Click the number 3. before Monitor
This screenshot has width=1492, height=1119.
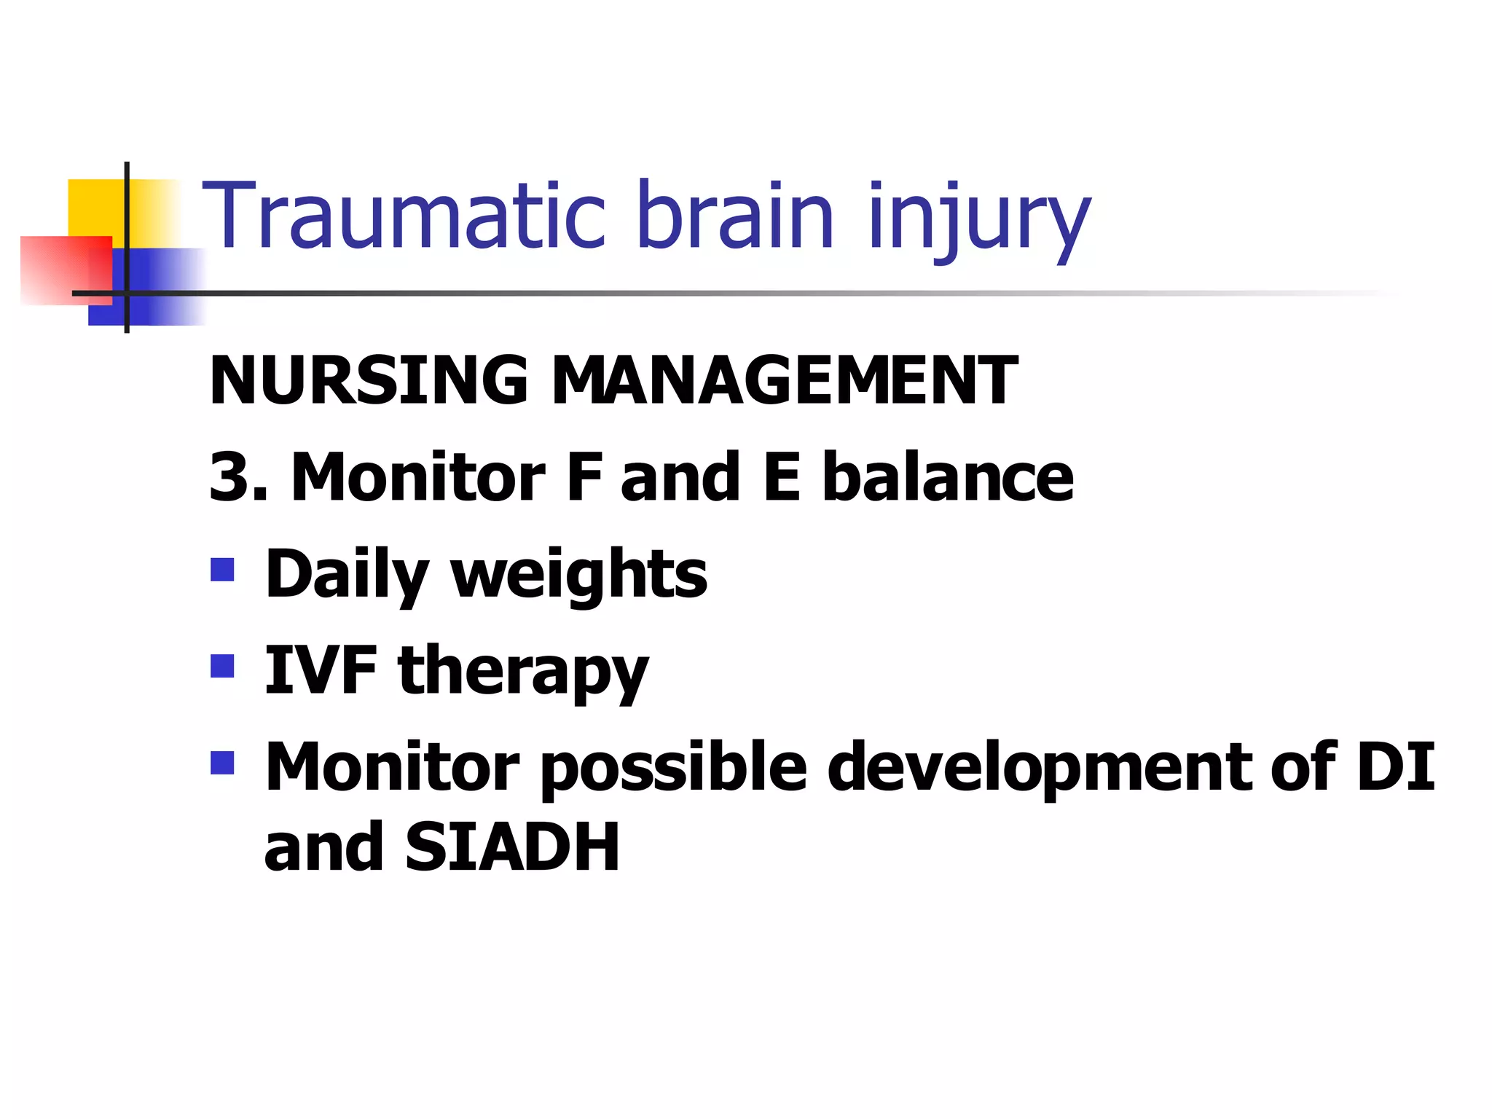(x=237, y=477)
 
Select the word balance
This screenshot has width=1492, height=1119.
(x=948, y=477)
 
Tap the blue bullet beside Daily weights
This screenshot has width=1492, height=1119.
(x=222, y=570)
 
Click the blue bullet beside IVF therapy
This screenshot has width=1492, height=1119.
(x=222, y=666)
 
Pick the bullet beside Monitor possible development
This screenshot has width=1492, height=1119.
(x=222, y=763)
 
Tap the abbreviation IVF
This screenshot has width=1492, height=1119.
(x=321, y=670)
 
